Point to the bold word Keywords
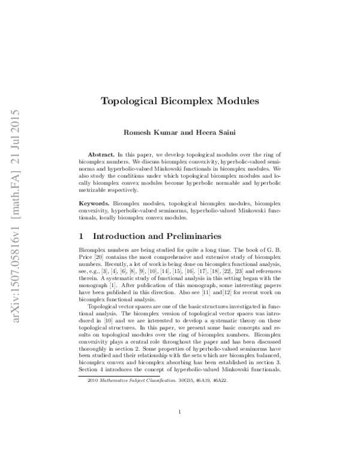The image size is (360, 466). click(95, 204)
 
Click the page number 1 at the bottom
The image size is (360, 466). click(180, 411)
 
